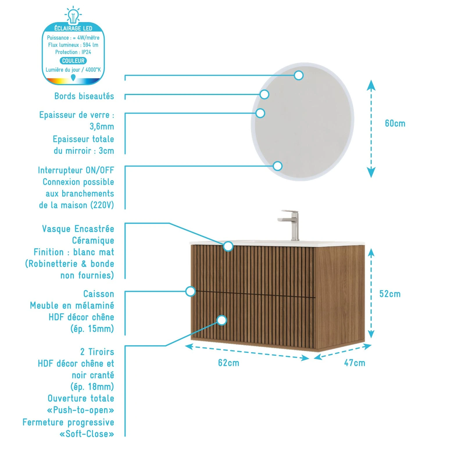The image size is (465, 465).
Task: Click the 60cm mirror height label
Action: (x=395, y=124)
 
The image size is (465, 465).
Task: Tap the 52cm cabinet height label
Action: (x=390, y=294)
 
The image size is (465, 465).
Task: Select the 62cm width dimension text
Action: (x=228, y=363)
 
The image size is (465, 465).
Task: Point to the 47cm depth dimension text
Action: (x=354, y=363)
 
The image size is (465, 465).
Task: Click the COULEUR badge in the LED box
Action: (x=73, y=61)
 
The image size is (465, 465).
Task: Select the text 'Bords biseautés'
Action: (x=84, y=96)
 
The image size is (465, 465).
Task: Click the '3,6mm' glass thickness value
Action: (x=101, y=127)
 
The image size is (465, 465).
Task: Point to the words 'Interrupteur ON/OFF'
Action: (x=76, y=170)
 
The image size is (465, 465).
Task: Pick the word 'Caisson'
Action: (x=99, y=294)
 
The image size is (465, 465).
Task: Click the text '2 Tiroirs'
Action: (x=97, y=352)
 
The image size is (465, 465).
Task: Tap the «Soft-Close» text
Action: (x=87, y=434)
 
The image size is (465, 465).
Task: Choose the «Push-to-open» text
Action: (x=81, y=410)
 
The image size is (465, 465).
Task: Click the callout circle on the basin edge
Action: (x=228, y=246)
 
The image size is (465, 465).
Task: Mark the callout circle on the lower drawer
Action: (x=222, y=320)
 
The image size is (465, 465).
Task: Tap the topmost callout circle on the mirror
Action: (x=298, y=76)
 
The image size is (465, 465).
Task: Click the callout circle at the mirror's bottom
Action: (x=278, y=166)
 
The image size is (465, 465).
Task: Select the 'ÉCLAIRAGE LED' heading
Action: (x=73, y=28)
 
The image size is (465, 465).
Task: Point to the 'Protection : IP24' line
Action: (x=73, y=52)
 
